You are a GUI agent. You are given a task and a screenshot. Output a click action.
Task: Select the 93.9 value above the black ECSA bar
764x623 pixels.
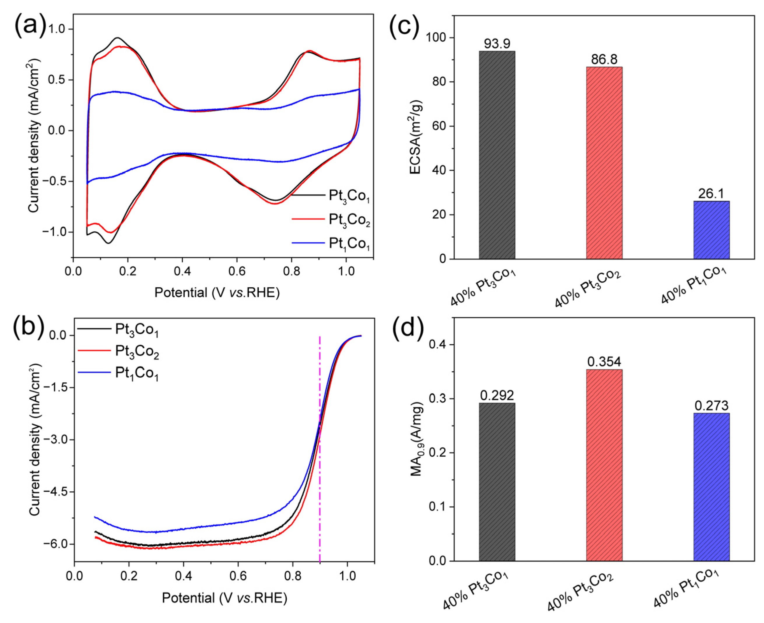coord(496,44)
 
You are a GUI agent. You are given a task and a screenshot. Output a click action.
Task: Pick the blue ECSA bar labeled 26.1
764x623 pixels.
coord(711,230)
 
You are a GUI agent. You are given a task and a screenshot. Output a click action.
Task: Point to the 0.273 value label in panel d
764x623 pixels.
coord(711,405)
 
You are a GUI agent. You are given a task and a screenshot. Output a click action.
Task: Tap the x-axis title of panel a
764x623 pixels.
coord(217,293)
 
